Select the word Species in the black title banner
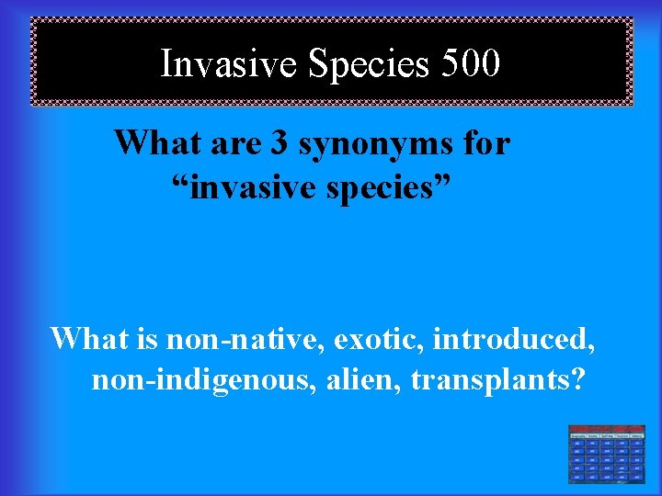pos(368,63)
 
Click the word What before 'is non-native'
pos(88,339)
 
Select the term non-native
pos(245,339)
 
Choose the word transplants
pos(486,379)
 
